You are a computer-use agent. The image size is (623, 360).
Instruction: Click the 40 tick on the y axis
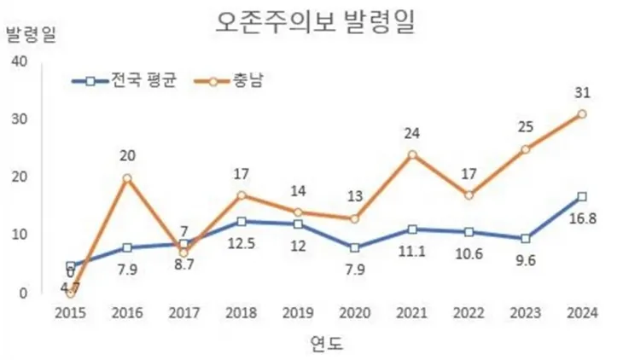(x=20, y=61)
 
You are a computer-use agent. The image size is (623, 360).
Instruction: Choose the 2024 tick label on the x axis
(x=581, y=312)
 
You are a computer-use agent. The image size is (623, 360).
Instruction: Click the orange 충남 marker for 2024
(x=581, y=113)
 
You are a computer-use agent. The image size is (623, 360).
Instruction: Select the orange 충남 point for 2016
(x=126, y=178)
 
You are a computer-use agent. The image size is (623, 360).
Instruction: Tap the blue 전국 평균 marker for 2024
(x=581, y=196)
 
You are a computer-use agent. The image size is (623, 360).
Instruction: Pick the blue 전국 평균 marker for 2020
(x=354, y=248)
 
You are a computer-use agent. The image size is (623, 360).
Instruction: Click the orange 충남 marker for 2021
(x=411, y=154)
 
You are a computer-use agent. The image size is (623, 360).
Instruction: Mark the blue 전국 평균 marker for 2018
(x=241, y=221)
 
